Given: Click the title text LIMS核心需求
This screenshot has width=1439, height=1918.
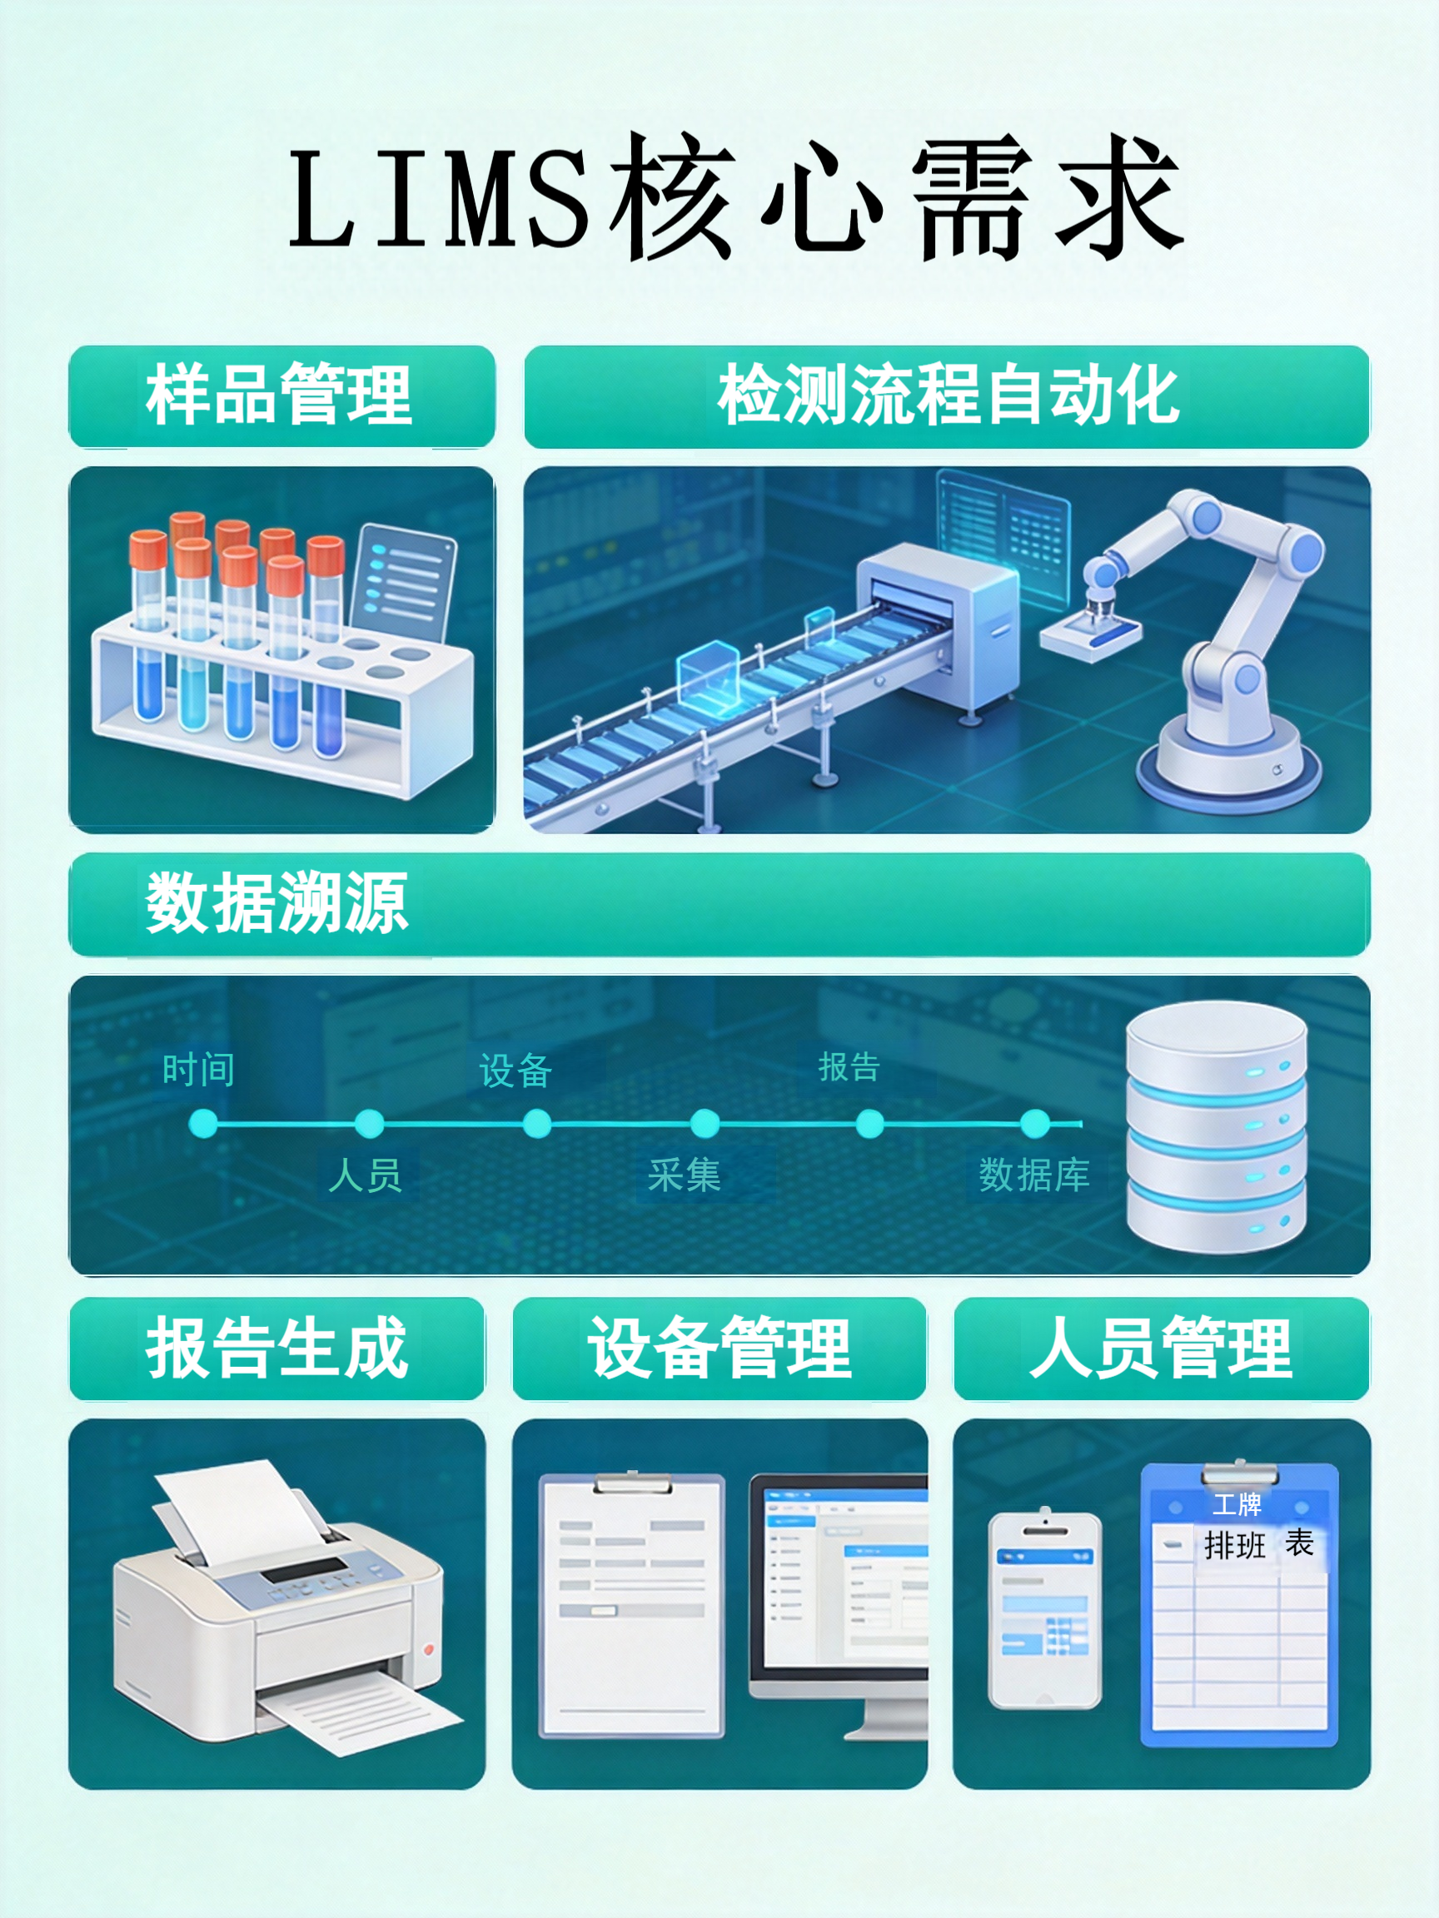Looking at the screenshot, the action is coord(735,197).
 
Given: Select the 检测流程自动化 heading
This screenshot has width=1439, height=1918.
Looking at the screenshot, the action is coord(948,395).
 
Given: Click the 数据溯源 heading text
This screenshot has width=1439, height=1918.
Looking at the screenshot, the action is coord(276,903).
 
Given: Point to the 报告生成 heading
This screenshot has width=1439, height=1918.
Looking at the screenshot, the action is coord(276,1348).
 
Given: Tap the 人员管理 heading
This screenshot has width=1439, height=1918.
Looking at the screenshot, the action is coord(1161,1348).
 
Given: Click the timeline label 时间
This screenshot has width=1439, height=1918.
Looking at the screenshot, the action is coord(199,1070).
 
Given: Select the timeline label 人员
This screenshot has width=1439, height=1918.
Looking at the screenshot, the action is coord(366,1175).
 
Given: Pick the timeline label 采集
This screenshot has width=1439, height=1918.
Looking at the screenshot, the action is coord(685,1175).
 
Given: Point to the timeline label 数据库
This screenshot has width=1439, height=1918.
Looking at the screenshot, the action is coord(1034,1175).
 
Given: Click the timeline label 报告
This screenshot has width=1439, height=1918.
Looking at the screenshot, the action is coord(849,1067).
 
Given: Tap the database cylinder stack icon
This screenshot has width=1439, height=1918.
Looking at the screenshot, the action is coord(1216,1127).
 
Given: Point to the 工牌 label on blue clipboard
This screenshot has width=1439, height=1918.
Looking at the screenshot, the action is coord(1237,1504).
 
